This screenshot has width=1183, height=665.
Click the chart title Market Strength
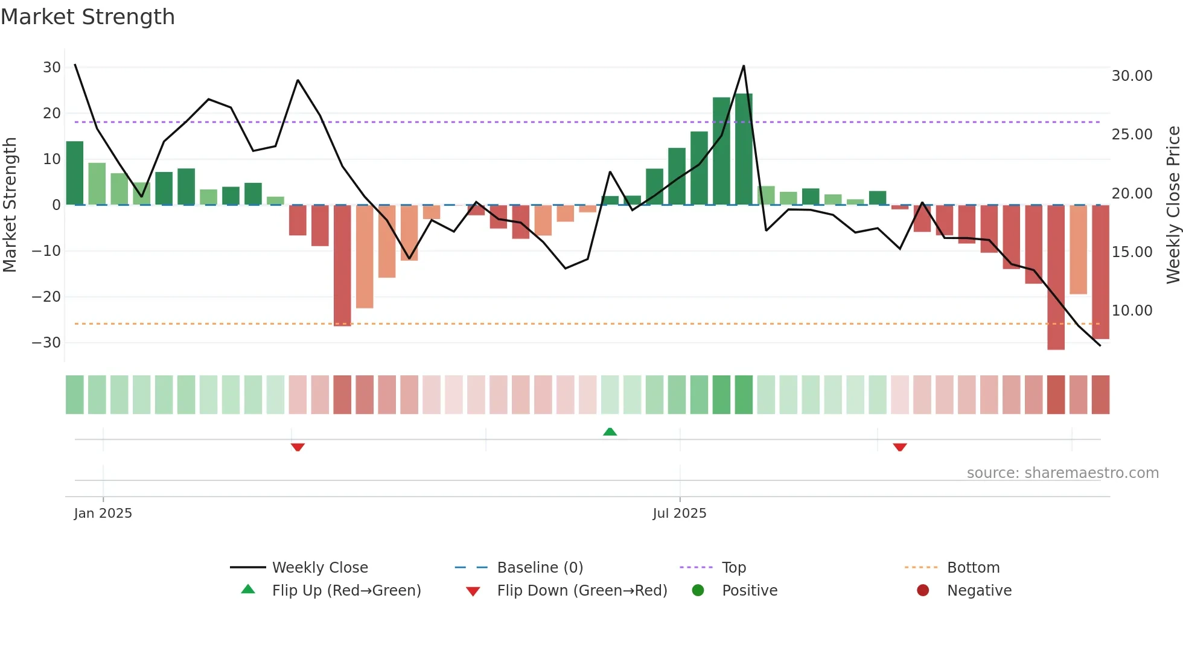click(x=88, y=17)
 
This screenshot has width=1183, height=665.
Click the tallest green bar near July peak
click(x=744, y=149)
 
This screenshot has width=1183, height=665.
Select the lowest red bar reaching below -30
click(x=1056, y=278)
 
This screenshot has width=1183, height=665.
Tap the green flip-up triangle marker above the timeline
click(x=610, y=431)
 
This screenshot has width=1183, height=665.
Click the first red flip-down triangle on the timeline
click(x=298, y=447)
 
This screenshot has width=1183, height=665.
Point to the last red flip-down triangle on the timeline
click(x=900, y=447)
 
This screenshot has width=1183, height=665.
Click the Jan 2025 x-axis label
click(x=103, y=514)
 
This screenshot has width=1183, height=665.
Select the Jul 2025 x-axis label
click(x=679, y=514)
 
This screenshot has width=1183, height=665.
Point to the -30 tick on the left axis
click(x=46, y=343)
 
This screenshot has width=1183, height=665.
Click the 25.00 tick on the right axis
click(x=1132, y=135)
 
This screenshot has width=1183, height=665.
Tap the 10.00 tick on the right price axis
click(x=1132, y=311)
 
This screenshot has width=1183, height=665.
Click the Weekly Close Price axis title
click(x=1173, y=205)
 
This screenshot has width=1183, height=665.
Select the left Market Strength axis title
click(x=10, y=205)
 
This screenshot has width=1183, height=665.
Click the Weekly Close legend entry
click(x=319, y=568)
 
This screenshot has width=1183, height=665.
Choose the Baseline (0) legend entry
click(x=540, y=568)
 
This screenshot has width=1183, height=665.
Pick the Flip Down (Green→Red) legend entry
click(x=581, y=591)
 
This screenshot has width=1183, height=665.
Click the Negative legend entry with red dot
click(x=978, y=591)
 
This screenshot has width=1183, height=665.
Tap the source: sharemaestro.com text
click(x=1062, y=473)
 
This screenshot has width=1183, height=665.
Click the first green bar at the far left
click(x=75, y=173)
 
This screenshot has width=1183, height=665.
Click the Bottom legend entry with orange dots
click(x=972, y=568)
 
